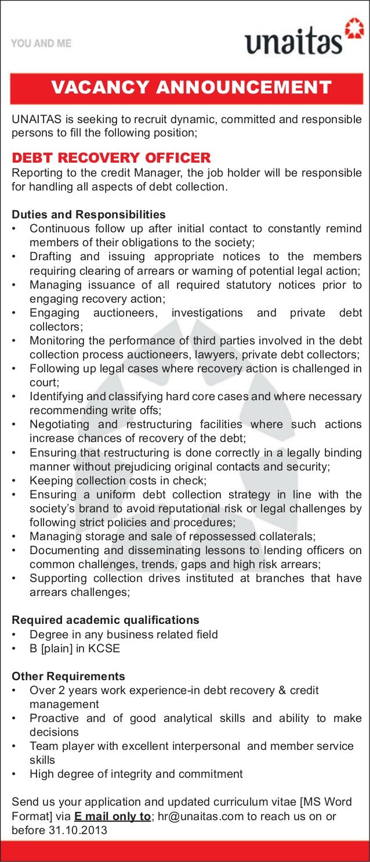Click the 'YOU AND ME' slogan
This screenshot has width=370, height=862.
pos(41,44)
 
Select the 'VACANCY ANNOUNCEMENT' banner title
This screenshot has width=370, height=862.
pos(191,88)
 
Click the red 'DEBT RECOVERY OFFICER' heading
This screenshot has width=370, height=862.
pos(111,158)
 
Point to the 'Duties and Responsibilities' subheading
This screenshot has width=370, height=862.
pos(89,215)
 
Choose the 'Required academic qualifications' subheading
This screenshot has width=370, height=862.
pos(106,620)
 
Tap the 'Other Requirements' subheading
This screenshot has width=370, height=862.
pos(68,677)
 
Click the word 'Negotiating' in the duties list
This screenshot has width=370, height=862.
pos(59,425)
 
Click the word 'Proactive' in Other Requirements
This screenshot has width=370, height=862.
pos(54,719)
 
